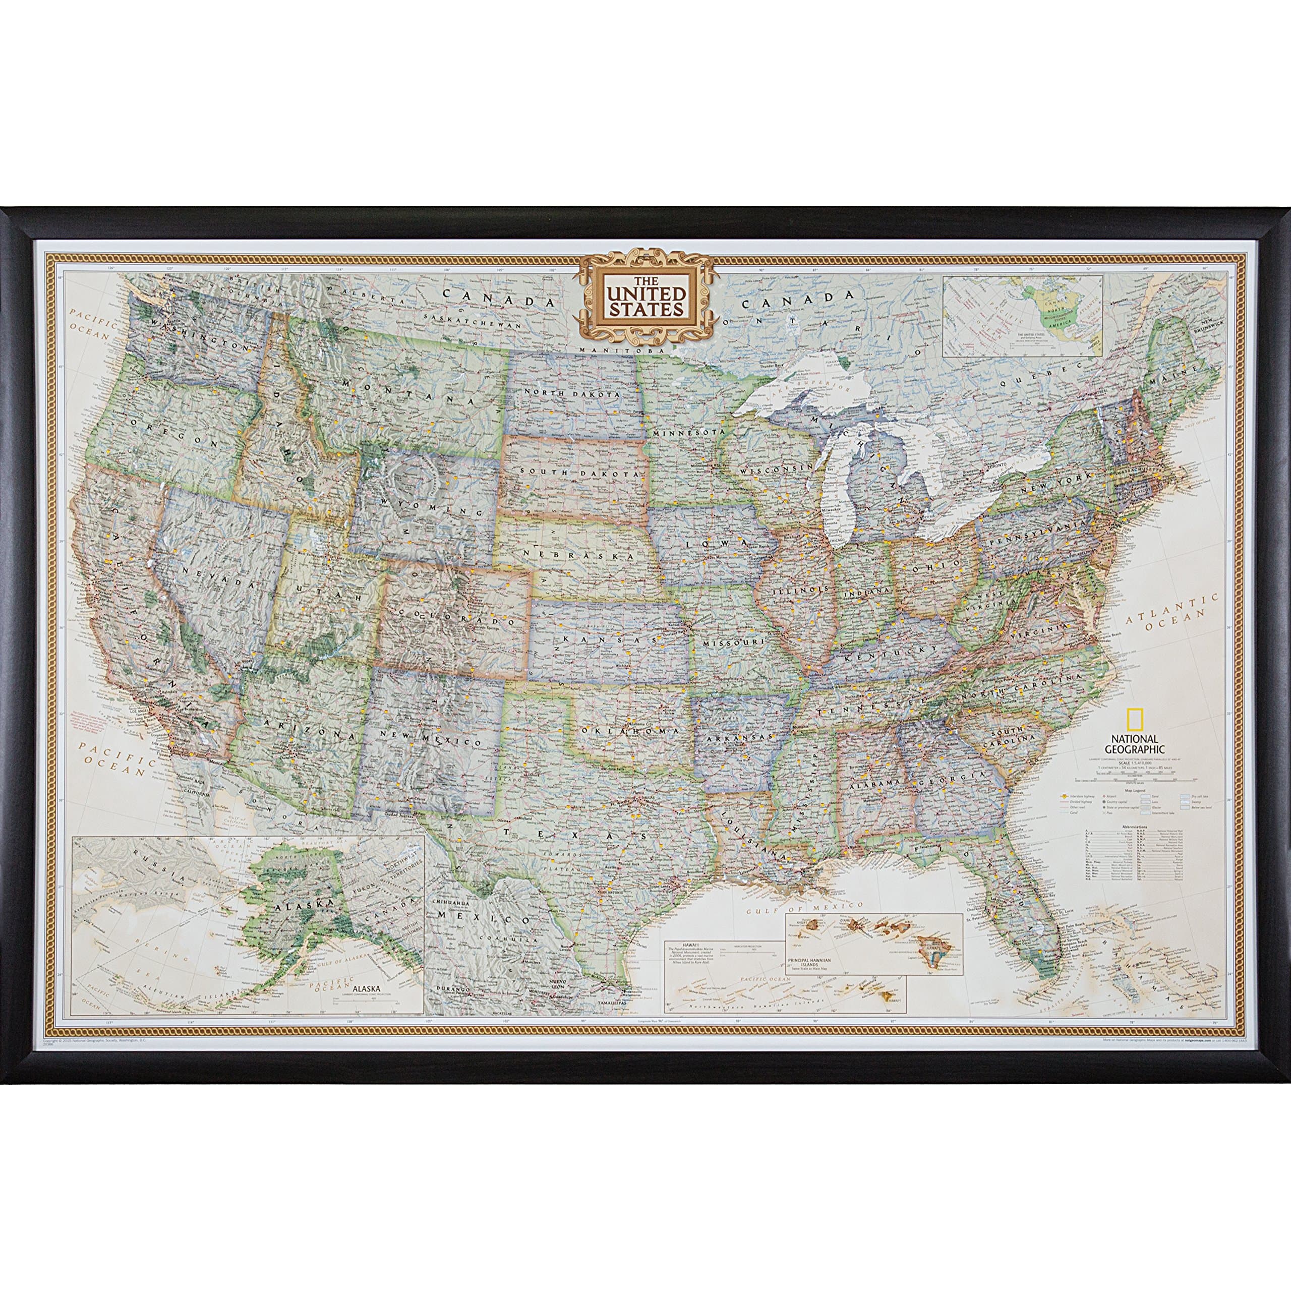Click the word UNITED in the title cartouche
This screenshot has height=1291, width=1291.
tap(645, 292)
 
